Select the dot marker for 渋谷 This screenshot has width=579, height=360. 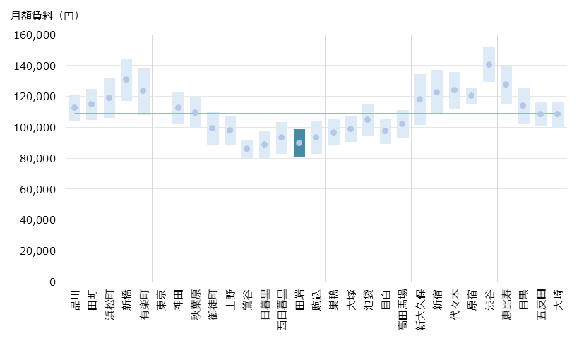pos(489,65)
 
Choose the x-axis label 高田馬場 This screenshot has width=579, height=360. pos(402,308)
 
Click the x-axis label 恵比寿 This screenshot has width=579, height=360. pos(506,303)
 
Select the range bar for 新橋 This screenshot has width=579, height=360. pos(126,80)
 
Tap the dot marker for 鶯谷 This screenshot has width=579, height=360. pos(247,148)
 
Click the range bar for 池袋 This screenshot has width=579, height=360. pos(368,120)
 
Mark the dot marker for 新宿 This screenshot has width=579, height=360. pos(437,92)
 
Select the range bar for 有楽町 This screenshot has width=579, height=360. pos(143,91)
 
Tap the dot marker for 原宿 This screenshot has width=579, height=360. pos(472,95)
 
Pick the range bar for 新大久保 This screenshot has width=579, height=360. pos(419,100)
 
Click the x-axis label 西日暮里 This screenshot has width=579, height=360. pos(282,308)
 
